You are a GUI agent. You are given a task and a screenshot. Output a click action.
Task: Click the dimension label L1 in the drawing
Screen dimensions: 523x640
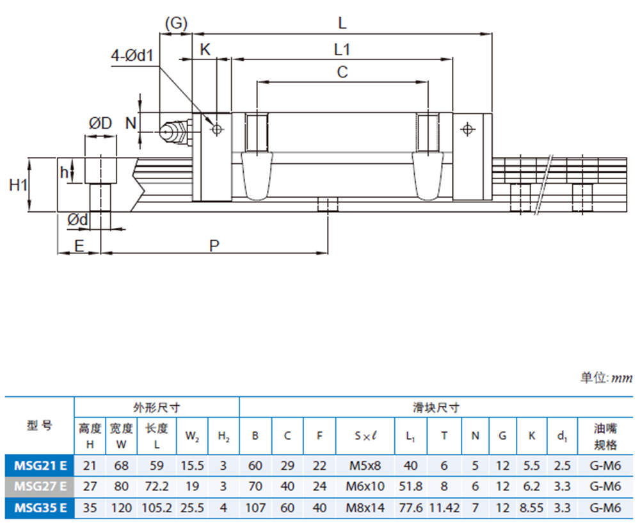pyautogui.click(x=342, y=49)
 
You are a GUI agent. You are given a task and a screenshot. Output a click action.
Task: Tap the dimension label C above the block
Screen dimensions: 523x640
pyautogui.click(x=342, y=72)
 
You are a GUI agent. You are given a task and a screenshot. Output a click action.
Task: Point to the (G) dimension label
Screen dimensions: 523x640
pyautogui.click(x=175, y=24)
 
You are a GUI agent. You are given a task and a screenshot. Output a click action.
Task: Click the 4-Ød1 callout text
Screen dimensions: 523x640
pyautogui.click(x=132, y=56)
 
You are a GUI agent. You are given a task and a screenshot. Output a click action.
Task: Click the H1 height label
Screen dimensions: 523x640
pyautogui.click(x=18, y=185)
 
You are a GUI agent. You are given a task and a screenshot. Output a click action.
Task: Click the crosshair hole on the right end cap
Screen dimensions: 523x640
pyautogui.click(x=468, y=129)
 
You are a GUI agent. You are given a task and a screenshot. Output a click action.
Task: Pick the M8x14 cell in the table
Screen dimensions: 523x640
pyautogui.click(x=365, y=508)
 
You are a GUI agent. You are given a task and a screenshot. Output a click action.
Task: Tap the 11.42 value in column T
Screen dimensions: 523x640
pyautogui.click(x=444, y=508)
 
